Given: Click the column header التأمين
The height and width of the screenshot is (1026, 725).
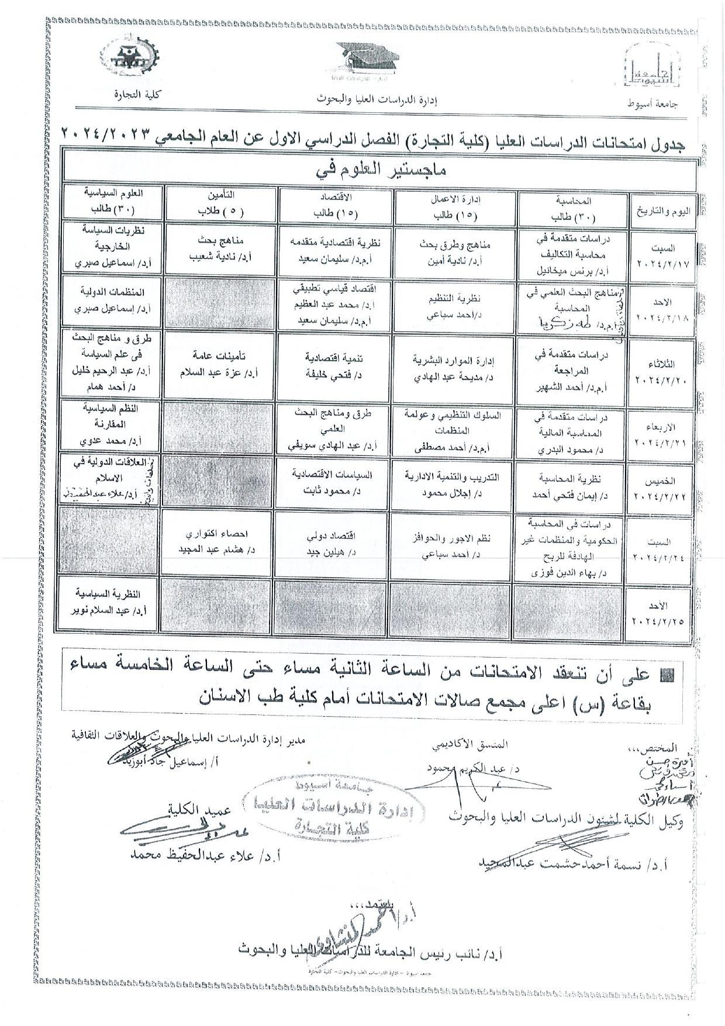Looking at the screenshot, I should [x=220, y=202].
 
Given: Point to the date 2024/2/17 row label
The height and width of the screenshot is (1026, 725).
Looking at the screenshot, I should [x=662, y=257].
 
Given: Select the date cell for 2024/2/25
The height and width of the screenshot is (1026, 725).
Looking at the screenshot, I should [x=662, y=613].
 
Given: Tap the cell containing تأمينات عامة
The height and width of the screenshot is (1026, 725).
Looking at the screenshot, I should [x=220, y=363].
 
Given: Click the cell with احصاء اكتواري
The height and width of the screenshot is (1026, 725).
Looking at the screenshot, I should [x=220, y=542].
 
